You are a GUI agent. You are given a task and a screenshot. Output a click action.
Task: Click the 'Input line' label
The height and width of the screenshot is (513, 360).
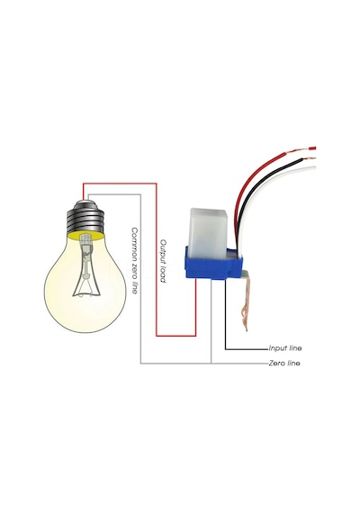point(285,348)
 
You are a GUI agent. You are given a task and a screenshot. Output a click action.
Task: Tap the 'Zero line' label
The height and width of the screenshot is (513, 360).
point(284,364)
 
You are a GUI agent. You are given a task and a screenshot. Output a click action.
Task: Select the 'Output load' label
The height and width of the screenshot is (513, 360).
point(163,261)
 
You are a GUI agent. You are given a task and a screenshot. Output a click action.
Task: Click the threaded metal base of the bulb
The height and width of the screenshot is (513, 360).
point(85,217)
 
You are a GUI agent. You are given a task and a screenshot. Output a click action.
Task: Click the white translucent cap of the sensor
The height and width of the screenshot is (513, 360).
point(207,230)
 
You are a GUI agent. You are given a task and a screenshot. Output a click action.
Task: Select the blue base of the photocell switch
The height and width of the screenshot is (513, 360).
point(212,264)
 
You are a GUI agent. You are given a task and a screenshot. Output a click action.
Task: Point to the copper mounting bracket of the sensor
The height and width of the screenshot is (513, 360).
point(247,300)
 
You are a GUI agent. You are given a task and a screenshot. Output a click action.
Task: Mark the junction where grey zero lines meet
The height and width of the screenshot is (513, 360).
point(211,364)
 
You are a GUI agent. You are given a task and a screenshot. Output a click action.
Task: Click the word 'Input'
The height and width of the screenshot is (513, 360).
point(277,348)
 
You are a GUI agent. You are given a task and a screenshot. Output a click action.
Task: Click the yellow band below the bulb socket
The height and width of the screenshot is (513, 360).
point(85,236)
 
